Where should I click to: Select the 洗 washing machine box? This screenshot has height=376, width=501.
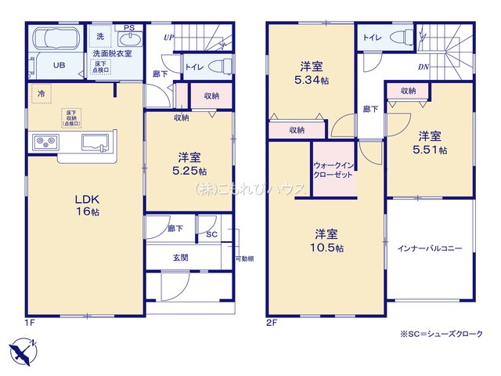(x=99, y=37)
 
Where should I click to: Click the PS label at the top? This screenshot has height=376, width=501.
(x=128, y=28)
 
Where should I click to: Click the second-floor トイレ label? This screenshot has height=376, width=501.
(x=372, y=36)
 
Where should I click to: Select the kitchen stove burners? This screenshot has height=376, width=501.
(x=43, y=142)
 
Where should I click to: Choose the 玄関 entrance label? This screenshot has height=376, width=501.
(x=180, y=257)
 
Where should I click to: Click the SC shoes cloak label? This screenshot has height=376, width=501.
(x=211, y=233)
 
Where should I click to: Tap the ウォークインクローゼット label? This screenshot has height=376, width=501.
(x=334, y=171)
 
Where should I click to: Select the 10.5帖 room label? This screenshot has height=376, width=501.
(x=326, y=240)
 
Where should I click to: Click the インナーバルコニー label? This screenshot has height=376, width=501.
(x=431, y=248)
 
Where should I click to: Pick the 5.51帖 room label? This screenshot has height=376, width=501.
(x=431, y=142)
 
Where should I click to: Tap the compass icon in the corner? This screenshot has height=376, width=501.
(x=23, y=350)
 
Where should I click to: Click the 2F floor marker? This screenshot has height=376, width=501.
(x=272, y=321)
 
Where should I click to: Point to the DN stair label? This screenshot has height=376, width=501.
(x=423, y=67)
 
